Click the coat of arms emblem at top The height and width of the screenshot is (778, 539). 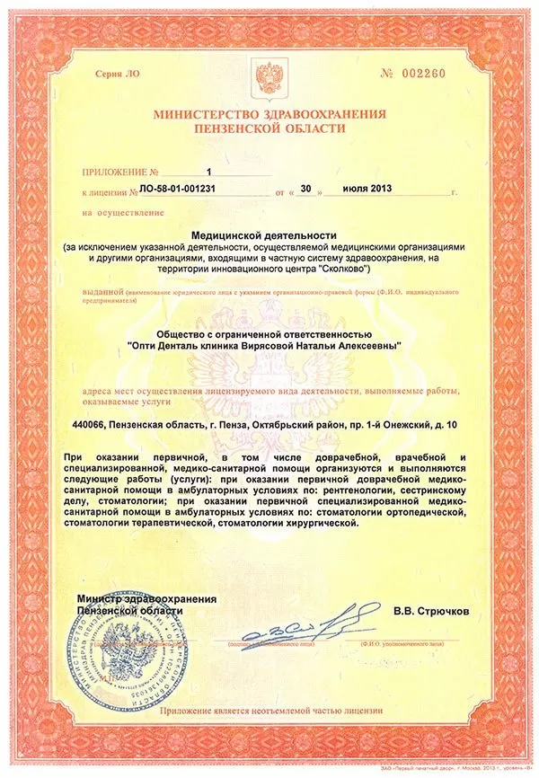pyautogui.click(x=269, y=74)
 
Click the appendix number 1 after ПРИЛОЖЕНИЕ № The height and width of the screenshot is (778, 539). pyautogui.click(x=208, y=169)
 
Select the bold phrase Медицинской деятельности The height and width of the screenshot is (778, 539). pyautogui.click(x=269, y=234)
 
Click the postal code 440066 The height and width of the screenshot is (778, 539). pyautogui.click(x=93, y=423)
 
